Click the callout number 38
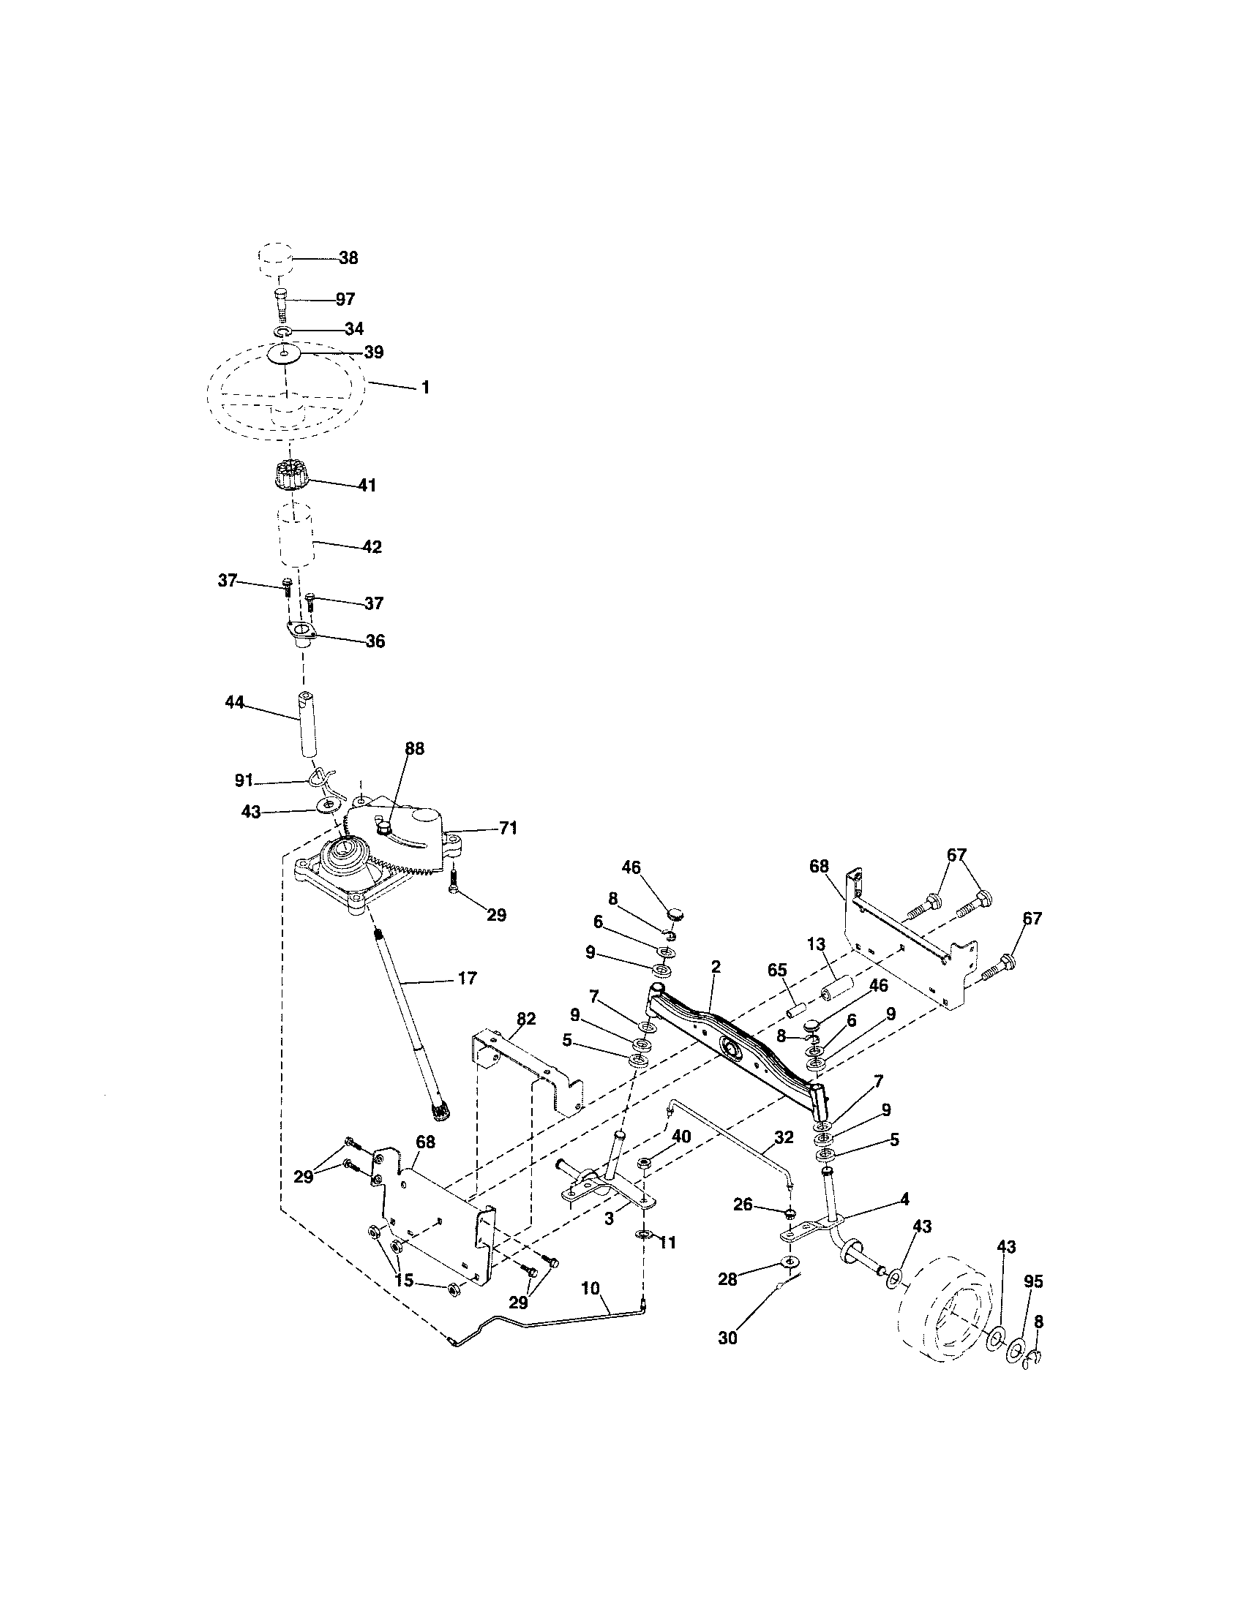pos(348,258)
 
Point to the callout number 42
pos(372,547)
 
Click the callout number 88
pos(415,748)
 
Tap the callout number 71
pos(508,829)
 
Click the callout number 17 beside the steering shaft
pos(468,979)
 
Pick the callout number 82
pos(525,1019)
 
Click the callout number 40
pos(681,1137)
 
